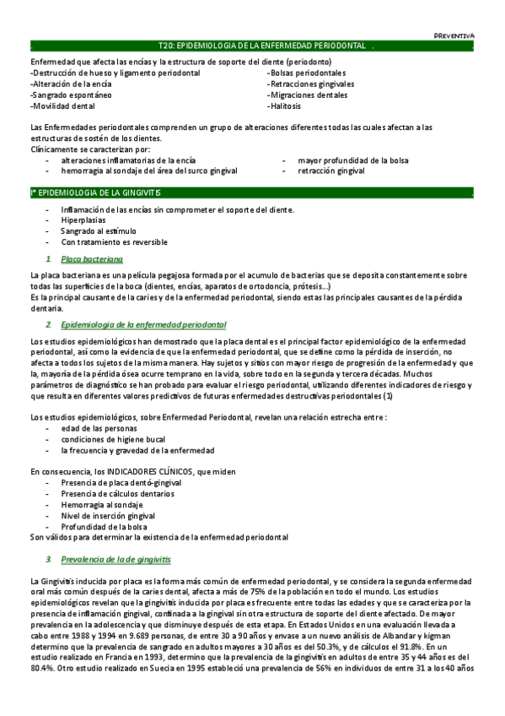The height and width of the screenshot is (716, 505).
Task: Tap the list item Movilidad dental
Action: coord(62,107)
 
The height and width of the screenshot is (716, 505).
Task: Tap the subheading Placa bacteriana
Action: coord(92,258)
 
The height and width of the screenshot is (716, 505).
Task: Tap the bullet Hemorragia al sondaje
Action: coord(101,504)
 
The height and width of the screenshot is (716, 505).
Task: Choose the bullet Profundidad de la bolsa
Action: coord(104,526)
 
